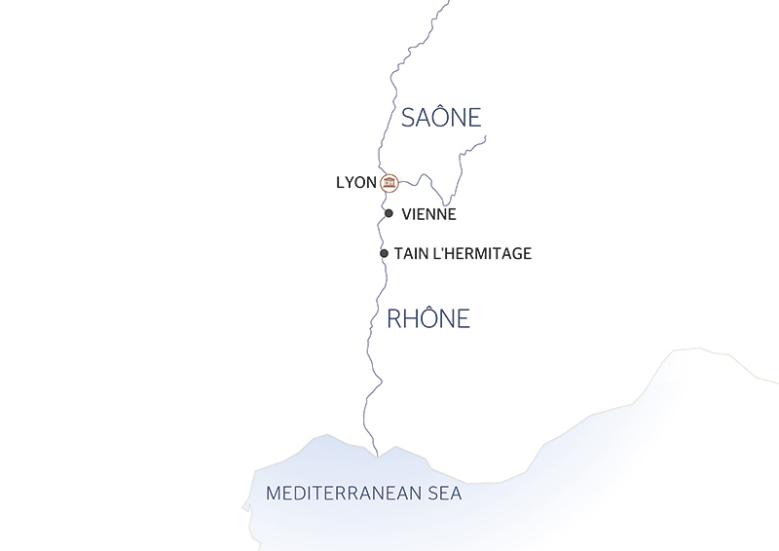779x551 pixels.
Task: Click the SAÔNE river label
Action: [x=442, y=118]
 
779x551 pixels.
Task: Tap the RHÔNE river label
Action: [x=428, y=318]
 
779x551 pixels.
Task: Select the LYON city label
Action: [x=355, y=182]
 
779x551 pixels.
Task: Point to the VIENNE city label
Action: [x=428, y=214]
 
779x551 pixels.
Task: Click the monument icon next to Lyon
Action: [x=389, y=182]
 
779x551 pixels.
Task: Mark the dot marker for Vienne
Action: [x=389, y=213]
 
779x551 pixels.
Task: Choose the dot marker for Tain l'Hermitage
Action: [x=384, y=253]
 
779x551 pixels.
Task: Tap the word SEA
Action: [x=443, y=494]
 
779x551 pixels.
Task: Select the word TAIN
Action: [x=411, y=253]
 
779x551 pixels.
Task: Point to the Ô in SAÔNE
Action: [x=443, y=117]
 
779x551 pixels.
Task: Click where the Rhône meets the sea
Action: [x=377, y=454]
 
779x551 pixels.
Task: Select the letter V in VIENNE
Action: [x=406, y=214]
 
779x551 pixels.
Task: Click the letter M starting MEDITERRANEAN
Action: [x=275, y=494]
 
